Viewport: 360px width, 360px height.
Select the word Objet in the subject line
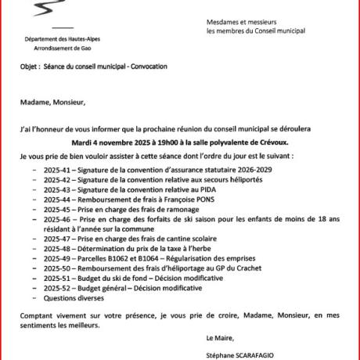(29, 67)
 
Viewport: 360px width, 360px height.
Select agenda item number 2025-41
(56, 169)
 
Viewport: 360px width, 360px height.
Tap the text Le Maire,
(218, 339)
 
